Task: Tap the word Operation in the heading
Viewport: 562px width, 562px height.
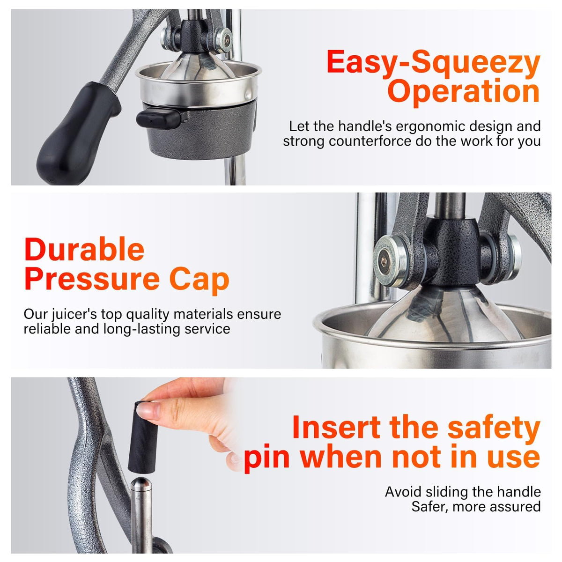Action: tap(464, 92)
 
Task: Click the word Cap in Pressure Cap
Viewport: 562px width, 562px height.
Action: tap(199, 280)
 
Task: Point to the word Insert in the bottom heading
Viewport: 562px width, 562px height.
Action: tap(336, 427)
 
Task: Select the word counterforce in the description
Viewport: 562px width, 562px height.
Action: tap(370, 141)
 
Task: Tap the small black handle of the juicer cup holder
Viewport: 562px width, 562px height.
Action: tap(159, 118)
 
